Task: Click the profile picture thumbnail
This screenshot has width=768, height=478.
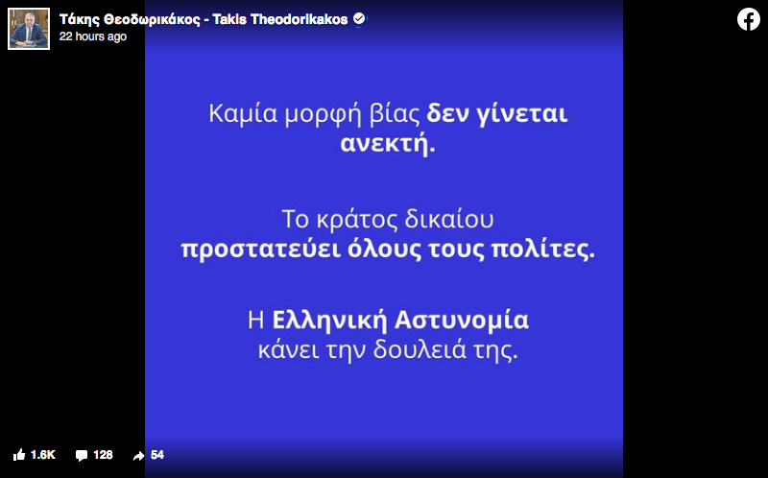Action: pyautogui.click(x=29, y=29)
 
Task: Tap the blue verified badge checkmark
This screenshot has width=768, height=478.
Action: pyautogui.click(x=359, y=19)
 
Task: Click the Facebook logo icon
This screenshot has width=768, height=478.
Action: pyautogui.click(x=749, y=19)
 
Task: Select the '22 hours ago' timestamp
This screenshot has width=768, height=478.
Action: pyautogui.click(x=93, y=36)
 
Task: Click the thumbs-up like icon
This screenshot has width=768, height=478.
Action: pyautogui.click(x=19, y=455)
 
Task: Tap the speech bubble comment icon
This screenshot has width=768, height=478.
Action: pyautogui.click(x=82, y=456)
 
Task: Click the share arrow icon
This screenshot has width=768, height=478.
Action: pyautogui.click(x=138, y=456)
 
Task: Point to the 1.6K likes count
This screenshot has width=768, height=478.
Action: pyautogui.click(x=43, y=455)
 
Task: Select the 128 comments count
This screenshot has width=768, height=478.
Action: pyautogui.click(x=103, y=455)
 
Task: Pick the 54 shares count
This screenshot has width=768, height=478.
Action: pyautogui.click(x=157, y=455)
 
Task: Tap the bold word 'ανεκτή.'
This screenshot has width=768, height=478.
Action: pyautogui.click(x=388, y=145)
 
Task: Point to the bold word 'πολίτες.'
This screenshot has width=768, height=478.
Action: pyautogui.click(x=542, y=250)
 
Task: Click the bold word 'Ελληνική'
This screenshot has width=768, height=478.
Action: pyautogui.click(x=329, y=321)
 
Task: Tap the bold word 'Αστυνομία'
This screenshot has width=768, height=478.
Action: pyautogui.click(x=462, y=321)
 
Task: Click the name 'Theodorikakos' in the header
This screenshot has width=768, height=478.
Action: pyautogui.click(x=299, y=19)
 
